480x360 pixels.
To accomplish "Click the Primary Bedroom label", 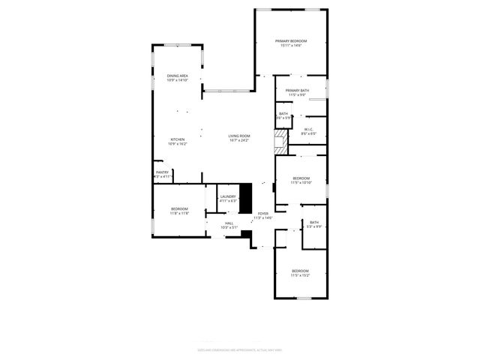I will tap(291, 41).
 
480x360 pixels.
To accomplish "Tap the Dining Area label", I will tap(177, 76).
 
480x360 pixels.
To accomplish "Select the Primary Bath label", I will tap(297, 91).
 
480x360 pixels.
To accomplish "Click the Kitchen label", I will tap(177, 139).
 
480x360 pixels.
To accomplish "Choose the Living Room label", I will tap(239, 136).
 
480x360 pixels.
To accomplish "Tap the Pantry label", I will tap(162, 172).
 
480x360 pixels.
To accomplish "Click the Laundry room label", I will tap(228, 196).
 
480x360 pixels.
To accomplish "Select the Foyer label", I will tap(263, 214).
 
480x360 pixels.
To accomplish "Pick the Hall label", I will tap(229, 223).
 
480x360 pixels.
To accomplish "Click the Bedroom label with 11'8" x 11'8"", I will tap(179, 208).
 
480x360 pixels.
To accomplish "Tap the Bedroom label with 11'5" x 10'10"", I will tap(300, 178).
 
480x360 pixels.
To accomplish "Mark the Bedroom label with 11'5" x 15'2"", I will tap(300, 271).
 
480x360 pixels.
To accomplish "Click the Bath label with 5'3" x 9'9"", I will tap(313, 222).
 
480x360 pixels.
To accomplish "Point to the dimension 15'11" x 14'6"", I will tap(291, 46).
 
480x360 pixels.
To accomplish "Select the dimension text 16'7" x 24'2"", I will tap(239, 140).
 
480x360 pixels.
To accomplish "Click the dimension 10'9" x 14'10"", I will tap(177, 80).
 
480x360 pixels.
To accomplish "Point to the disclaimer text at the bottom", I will tap(239, 349).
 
